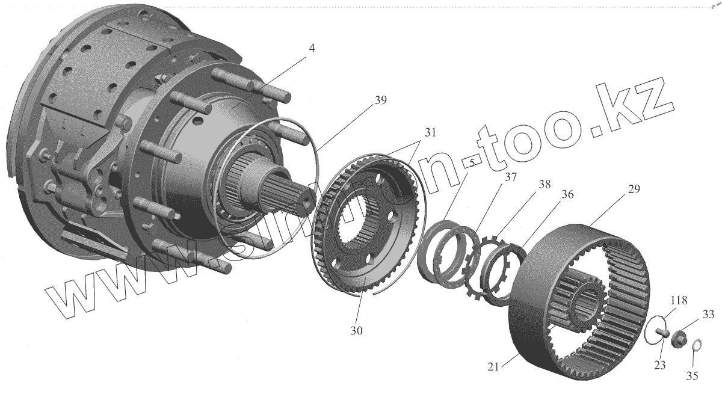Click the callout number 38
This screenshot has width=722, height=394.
pyautogui.click(x=544, y=186)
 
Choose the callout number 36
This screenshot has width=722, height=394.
pyautogui.click(x=566, y=195)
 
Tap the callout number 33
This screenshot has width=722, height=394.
pyautogui.click(x=708, y=313)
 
